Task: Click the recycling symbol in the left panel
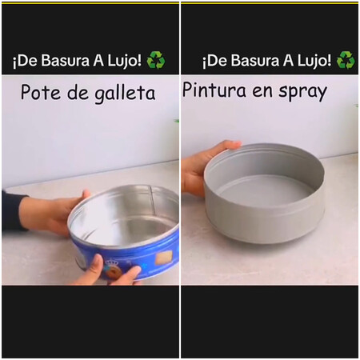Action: tap(156, 60)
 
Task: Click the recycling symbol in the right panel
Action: tap(346, 60)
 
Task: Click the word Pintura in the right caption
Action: tap(214, 90)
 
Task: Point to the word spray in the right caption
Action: tap(302, 92)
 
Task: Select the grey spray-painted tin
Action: tap(265, 193)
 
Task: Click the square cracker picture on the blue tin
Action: tap(164, 258)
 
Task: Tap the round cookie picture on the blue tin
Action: tap(114, 274)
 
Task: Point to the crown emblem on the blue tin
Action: tap(111, 264)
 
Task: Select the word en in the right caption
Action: tap(262, 91)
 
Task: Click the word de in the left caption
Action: tap(78, 93)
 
